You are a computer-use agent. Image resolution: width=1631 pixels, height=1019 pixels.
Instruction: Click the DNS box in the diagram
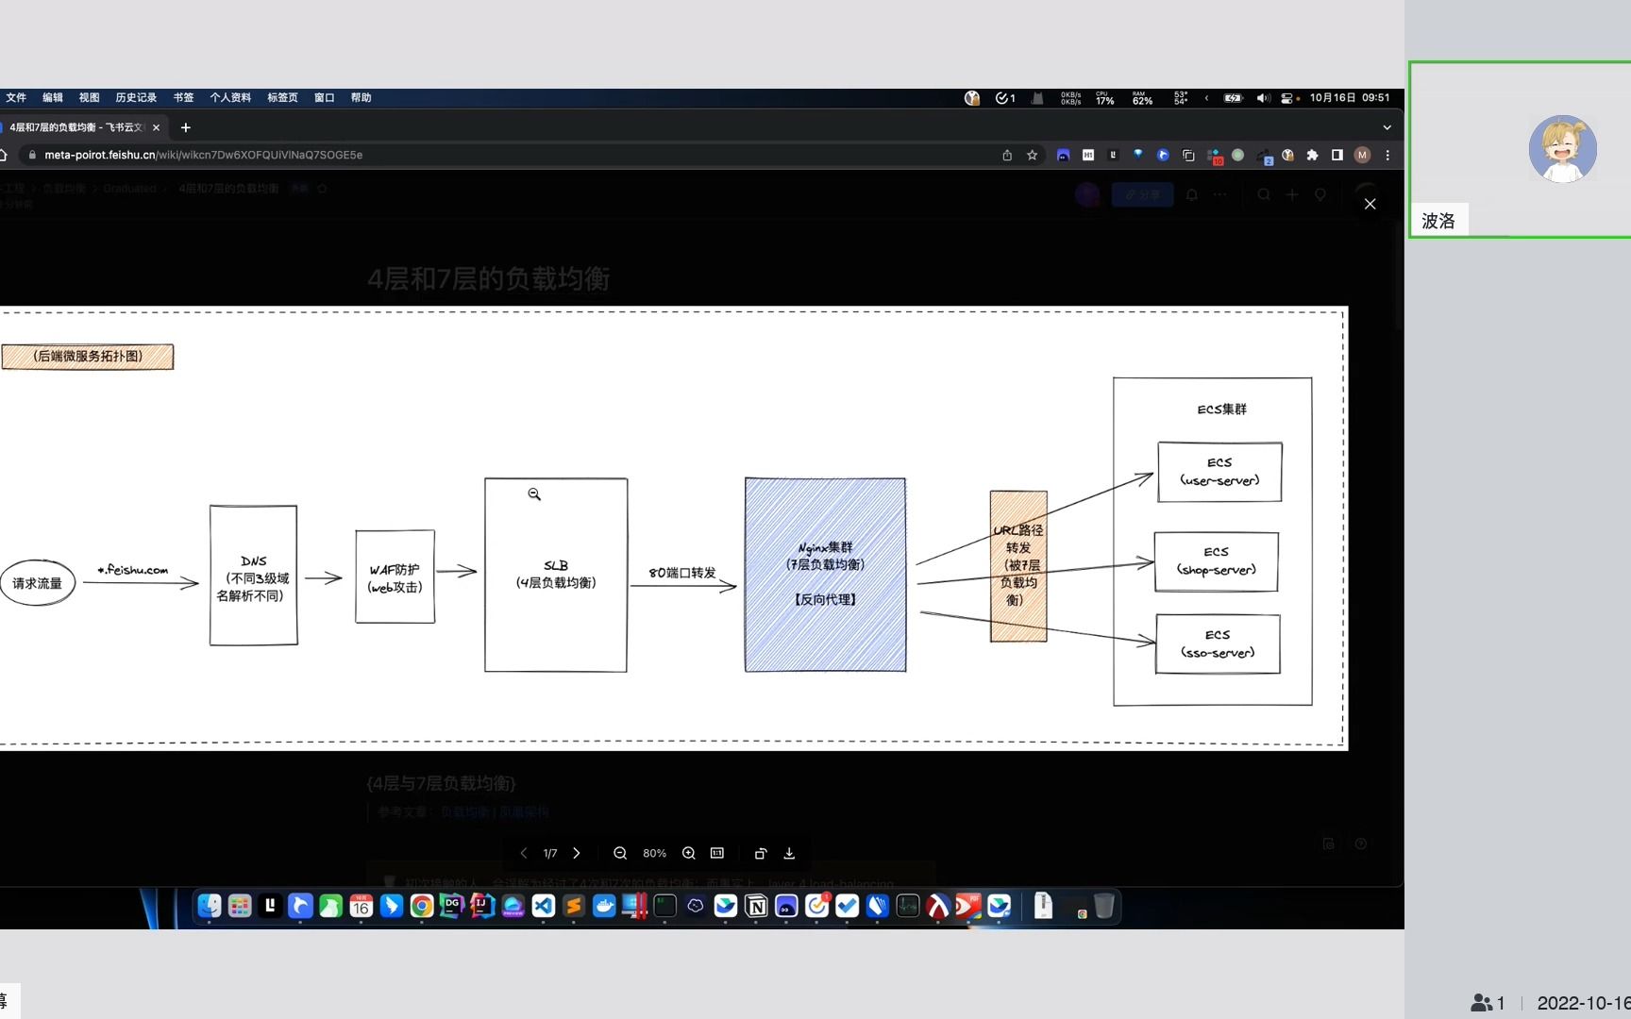pyautogui.click(x=253, y=576)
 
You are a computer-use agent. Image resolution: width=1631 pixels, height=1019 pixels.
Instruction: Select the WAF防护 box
pyautogui.click(x=395, y=577)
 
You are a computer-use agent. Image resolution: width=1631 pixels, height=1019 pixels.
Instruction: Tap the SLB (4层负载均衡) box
pyautogui.click(x=556, y=575)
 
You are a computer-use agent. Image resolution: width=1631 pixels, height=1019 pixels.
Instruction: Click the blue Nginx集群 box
pyautogui.click(x=825, y=575)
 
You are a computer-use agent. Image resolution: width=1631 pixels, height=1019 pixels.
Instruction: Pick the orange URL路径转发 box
pyautogui.click(x=1018, y=566)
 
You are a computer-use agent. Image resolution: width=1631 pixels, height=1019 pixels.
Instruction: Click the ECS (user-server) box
pyautogui.click(x=1219, y=472)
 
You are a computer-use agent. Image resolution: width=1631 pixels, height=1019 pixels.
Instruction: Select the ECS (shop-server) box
pyautogui.click(x=1216, y=561)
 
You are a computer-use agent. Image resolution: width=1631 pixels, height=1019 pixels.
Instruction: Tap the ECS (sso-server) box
pyautogui.click(x=1218, y=644)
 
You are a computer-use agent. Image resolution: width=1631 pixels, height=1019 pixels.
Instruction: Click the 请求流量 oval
pyautogui.click(x=38, y=583)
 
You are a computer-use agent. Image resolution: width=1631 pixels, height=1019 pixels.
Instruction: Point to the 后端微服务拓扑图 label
pyautogui.click(x=88, y=357)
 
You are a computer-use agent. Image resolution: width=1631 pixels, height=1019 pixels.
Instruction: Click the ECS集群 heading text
pyautogui.click(x=1221, y=409)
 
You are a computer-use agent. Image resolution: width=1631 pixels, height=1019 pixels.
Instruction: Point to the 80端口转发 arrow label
pyautogui.click(x=681, y=573)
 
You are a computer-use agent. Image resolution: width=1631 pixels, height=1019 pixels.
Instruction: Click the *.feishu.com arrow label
pyautogui.click(x=133, y=570)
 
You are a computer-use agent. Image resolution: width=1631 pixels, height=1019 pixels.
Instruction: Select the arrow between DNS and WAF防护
pyautogui.click(x=324, y=577)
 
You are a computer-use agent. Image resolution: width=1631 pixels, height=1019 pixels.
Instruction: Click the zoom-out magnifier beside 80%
pyautogui.click(x=620, y=853)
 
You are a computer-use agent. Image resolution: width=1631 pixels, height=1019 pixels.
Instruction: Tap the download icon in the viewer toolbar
pyautogui.click(x=789, y=853)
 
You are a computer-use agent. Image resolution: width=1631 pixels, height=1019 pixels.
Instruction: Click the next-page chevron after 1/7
pyautogui.click(x=577, y=853)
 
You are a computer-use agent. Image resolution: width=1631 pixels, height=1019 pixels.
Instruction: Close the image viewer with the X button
pyautogui.click(x=1370, y=204)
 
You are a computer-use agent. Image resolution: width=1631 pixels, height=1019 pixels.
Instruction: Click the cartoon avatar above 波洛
pyautogui.click(x=1562, y=149)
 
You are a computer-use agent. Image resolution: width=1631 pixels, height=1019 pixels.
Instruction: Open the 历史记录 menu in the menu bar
pyautogui.click(x=136, y=98)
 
